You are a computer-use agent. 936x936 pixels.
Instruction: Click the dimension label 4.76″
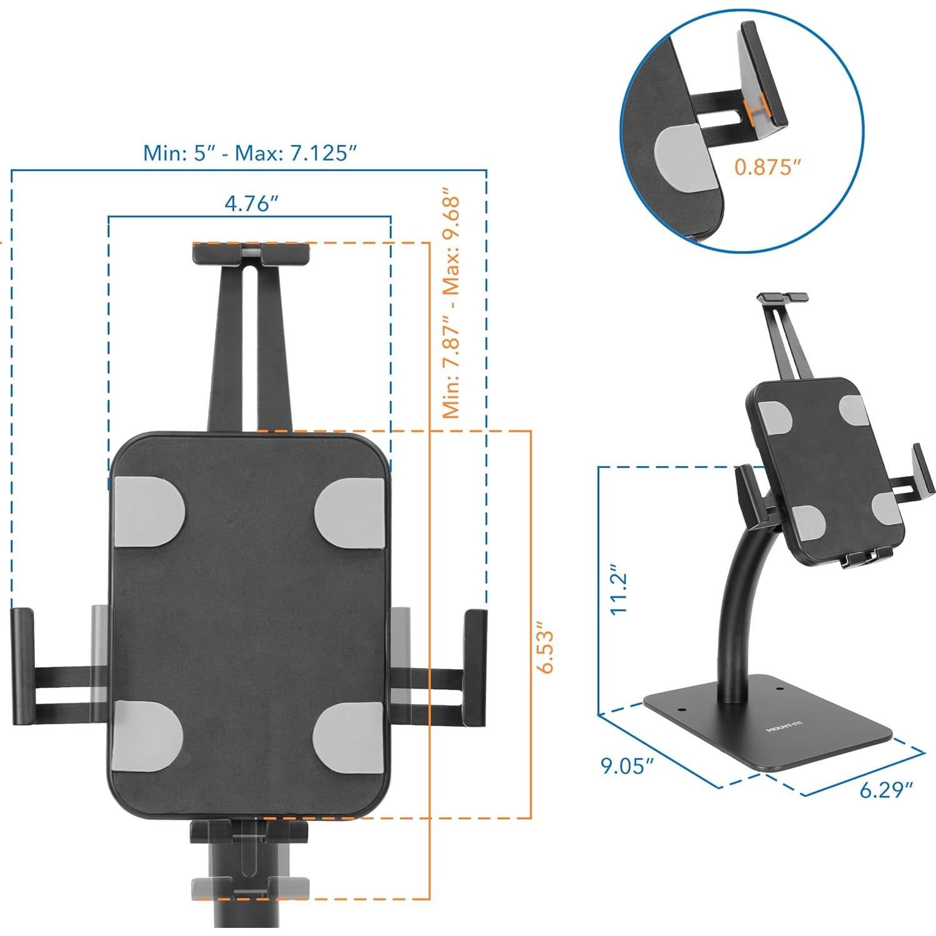tap(251, 203)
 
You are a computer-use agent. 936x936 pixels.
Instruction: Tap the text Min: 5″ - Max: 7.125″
tap(250, 152)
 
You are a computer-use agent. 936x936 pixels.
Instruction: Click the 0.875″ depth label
tap(767, 167)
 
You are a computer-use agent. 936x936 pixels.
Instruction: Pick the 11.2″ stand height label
tap(619, 590)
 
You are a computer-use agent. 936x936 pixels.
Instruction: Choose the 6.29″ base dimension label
tap(887, 790)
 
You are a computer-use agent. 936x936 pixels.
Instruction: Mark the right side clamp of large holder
tap(474, 667)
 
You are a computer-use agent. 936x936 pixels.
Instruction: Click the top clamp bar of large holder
tap(251, 253)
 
